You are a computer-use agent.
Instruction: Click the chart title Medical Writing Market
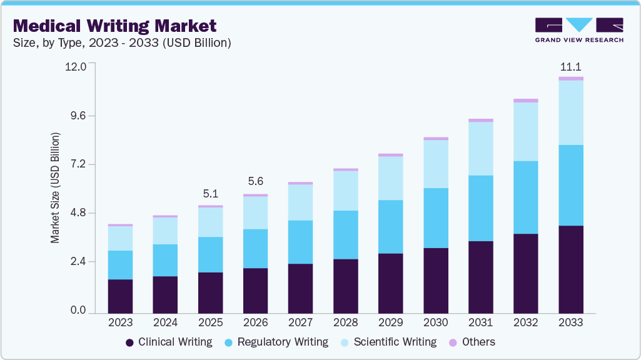point(114,26)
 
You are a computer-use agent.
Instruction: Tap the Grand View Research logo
point(578,29)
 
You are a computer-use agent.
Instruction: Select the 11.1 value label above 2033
point(570,67)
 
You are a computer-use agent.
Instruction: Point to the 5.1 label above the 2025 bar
point(210,194)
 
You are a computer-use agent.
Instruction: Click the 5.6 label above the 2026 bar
point(255,182)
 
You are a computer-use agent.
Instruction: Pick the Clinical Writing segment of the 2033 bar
point(570,269)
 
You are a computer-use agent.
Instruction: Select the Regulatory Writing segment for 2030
point(435,217)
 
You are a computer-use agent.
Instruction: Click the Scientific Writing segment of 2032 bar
point(525,131)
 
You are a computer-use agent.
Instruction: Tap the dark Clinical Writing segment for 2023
point(120,296)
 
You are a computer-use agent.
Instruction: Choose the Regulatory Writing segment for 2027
point(300,242)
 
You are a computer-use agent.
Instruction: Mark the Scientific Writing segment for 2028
point(345,191)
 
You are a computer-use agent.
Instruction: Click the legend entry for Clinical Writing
point(169,342)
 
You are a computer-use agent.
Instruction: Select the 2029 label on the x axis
point(390,322)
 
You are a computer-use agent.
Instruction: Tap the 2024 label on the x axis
point(165,322)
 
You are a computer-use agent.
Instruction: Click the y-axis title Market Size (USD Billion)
point(56,187)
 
